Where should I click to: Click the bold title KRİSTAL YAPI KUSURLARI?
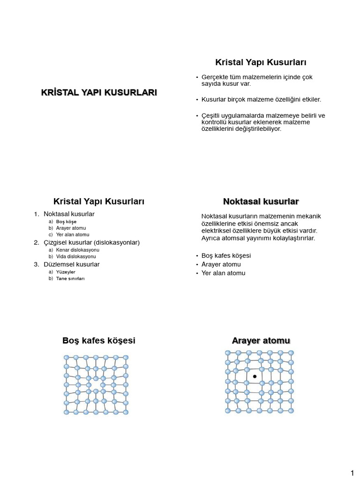(x=99, y=93)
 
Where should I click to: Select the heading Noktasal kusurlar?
(x=261, y=202)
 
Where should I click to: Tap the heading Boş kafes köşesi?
(x=99, y=341)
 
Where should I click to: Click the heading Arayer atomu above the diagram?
(x=261, y=340)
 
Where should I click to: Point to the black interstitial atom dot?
(x=255, y=376)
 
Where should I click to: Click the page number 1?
(x=352, y=472)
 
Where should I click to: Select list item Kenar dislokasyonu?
(x=77, y=250)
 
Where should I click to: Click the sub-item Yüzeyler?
(x=66, y=272)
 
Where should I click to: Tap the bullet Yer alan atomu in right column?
(x=223, y=273)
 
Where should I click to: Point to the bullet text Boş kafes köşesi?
(x=226, y=255)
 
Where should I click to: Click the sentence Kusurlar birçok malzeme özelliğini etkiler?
(x=261, y=99)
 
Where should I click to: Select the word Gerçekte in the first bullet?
(x=214, y=77)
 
